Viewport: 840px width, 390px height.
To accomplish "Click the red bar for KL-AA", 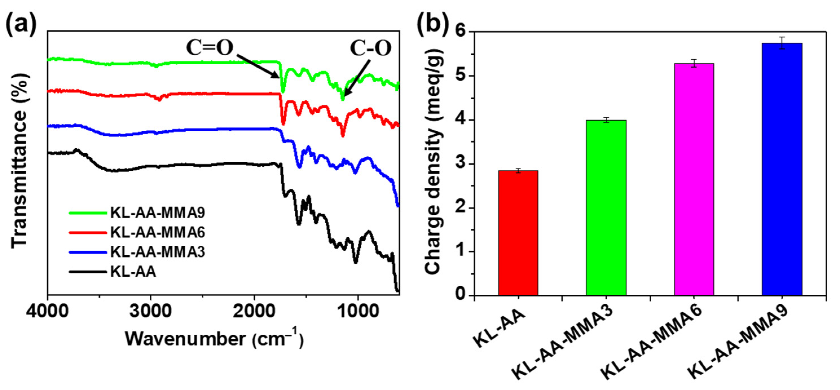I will (518, 233).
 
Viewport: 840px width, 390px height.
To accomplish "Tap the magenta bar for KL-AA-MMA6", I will (694, 179).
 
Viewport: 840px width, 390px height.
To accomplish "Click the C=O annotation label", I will (210, 48).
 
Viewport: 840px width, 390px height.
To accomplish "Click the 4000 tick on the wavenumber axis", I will (48, 312).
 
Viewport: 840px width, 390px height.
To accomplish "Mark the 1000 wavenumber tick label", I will (358, 312).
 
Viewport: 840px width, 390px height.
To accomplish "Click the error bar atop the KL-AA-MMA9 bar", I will (782, 43).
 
